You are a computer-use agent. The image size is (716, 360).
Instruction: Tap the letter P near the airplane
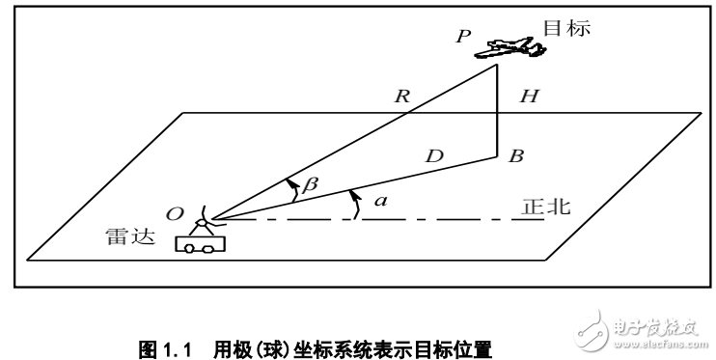coord(463,37)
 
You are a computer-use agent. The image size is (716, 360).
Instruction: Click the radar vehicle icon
coord(200,244)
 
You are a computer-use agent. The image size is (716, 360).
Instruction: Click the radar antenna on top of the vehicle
coord(202,221)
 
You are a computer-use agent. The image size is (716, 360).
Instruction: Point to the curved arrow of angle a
coord(355,204)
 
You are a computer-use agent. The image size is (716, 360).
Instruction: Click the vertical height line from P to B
coord(496,111)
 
